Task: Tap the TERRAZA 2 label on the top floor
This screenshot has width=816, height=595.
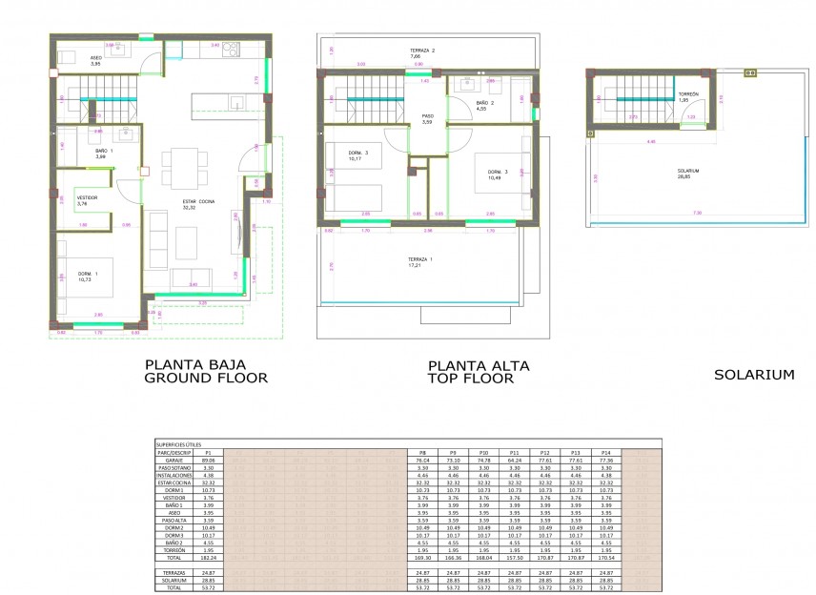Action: click(422, 53)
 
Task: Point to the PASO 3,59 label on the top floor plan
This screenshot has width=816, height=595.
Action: click(428, 119)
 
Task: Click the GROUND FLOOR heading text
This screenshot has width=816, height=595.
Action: click(205, 379)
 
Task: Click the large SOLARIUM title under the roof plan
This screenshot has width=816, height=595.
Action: click(754, 375)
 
